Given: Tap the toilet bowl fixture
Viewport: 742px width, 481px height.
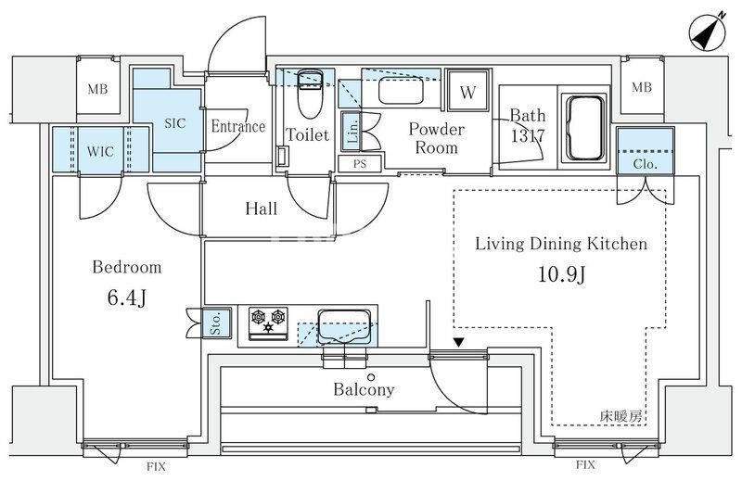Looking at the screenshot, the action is coord(310,95).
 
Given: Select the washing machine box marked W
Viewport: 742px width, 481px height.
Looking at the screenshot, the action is coord(468,91).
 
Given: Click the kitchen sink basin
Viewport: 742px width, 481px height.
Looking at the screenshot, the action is coord(344,327).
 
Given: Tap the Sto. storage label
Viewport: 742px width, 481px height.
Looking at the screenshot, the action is coord(216,323).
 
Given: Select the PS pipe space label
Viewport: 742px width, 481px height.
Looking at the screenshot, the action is coord(360,164).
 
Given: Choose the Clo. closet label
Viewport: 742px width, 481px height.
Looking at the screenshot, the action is coord(645,164).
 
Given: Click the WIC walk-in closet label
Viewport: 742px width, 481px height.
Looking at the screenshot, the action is coord(100,151).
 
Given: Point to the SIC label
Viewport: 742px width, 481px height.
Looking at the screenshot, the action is coord(175,123).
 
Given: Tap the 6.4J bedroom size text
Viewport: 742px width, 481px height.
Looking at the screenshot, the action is coord(127,297).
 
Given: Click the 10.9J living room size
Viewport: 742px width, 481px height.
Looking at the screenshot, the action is coord(562,273).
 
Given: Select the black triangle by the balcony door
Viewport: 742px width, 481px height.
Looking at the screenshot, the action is coord(458,342).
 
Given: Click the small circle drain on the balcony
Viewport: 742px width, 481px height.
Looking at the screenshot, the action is coord(372,377).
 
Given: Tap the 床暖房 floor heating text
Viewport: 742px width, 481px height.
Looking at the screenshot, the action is coord(620,416).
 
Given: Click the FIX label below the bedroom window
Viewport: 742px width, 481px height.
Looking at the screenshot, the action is coord(156,467).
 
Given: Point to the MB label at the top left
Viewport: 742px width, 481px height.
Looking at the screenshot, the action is coord(98,88).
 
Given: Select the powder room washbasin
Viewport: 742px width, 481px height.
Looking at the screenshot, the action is coord(401,93).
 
